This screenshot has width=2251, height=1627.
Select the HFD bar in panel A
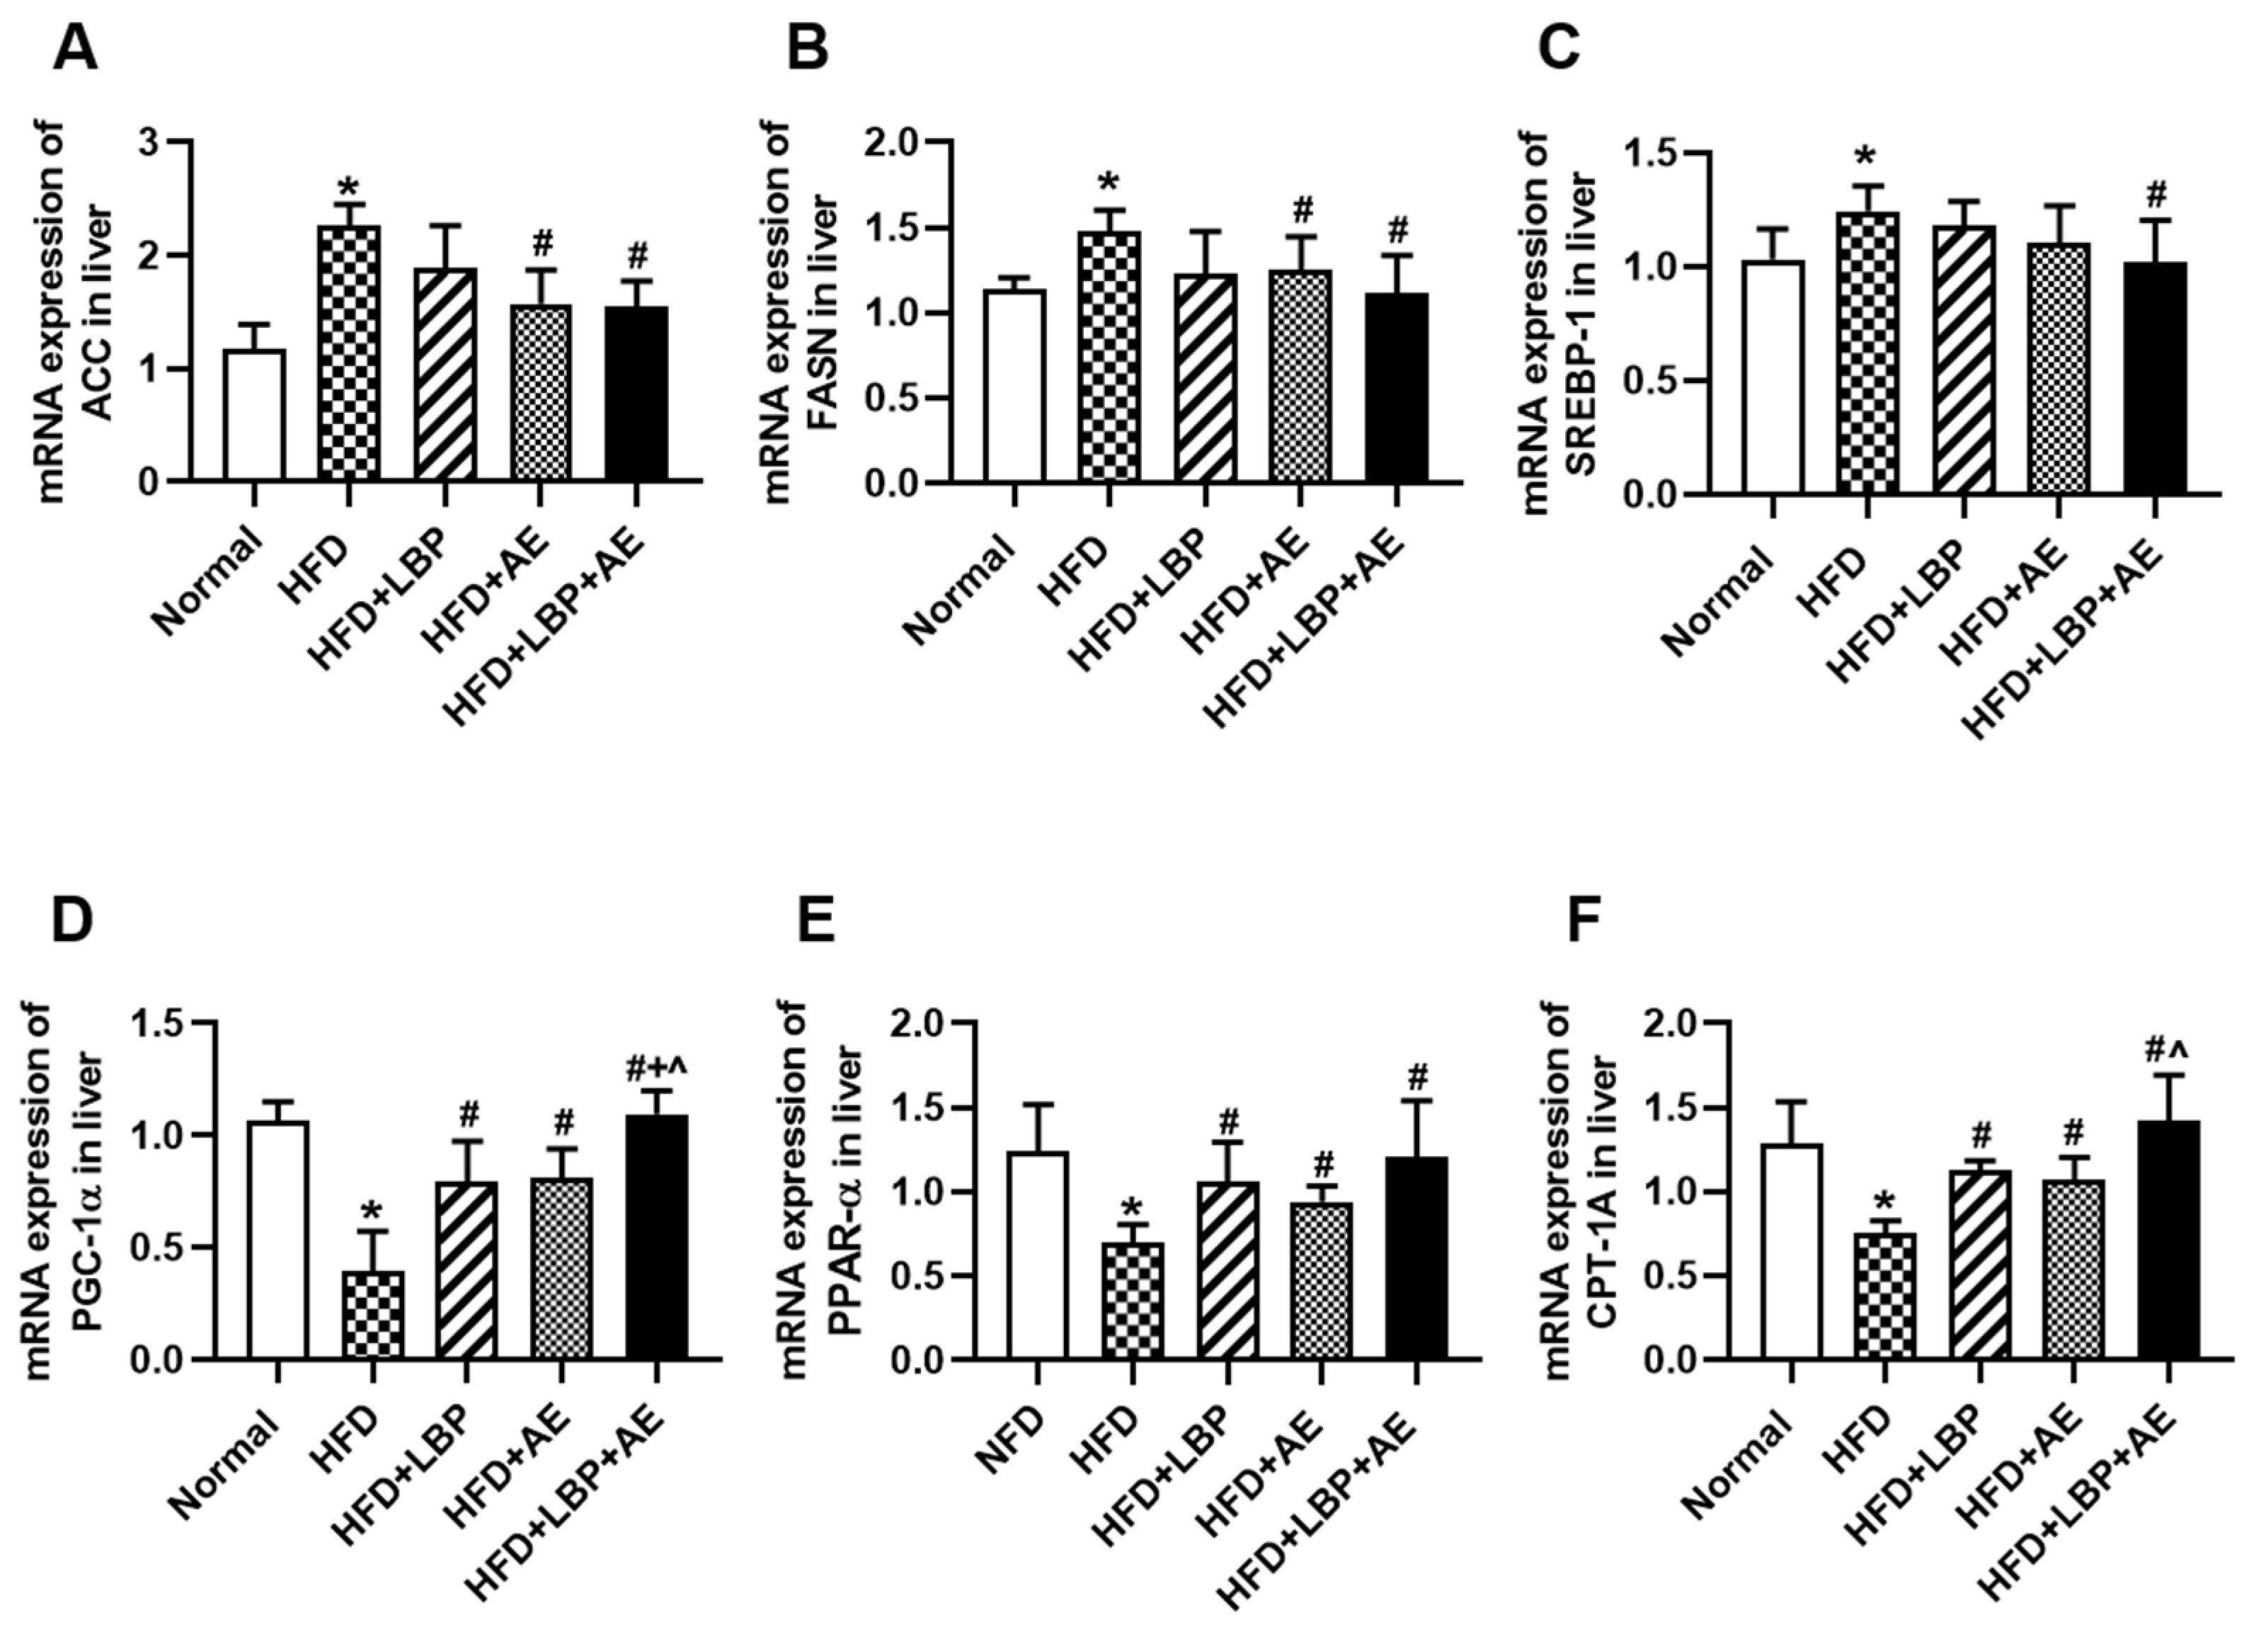click(x=350, y=353)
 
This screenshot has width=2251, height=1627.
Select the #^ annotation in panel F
click(x=2170, y=1049)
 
